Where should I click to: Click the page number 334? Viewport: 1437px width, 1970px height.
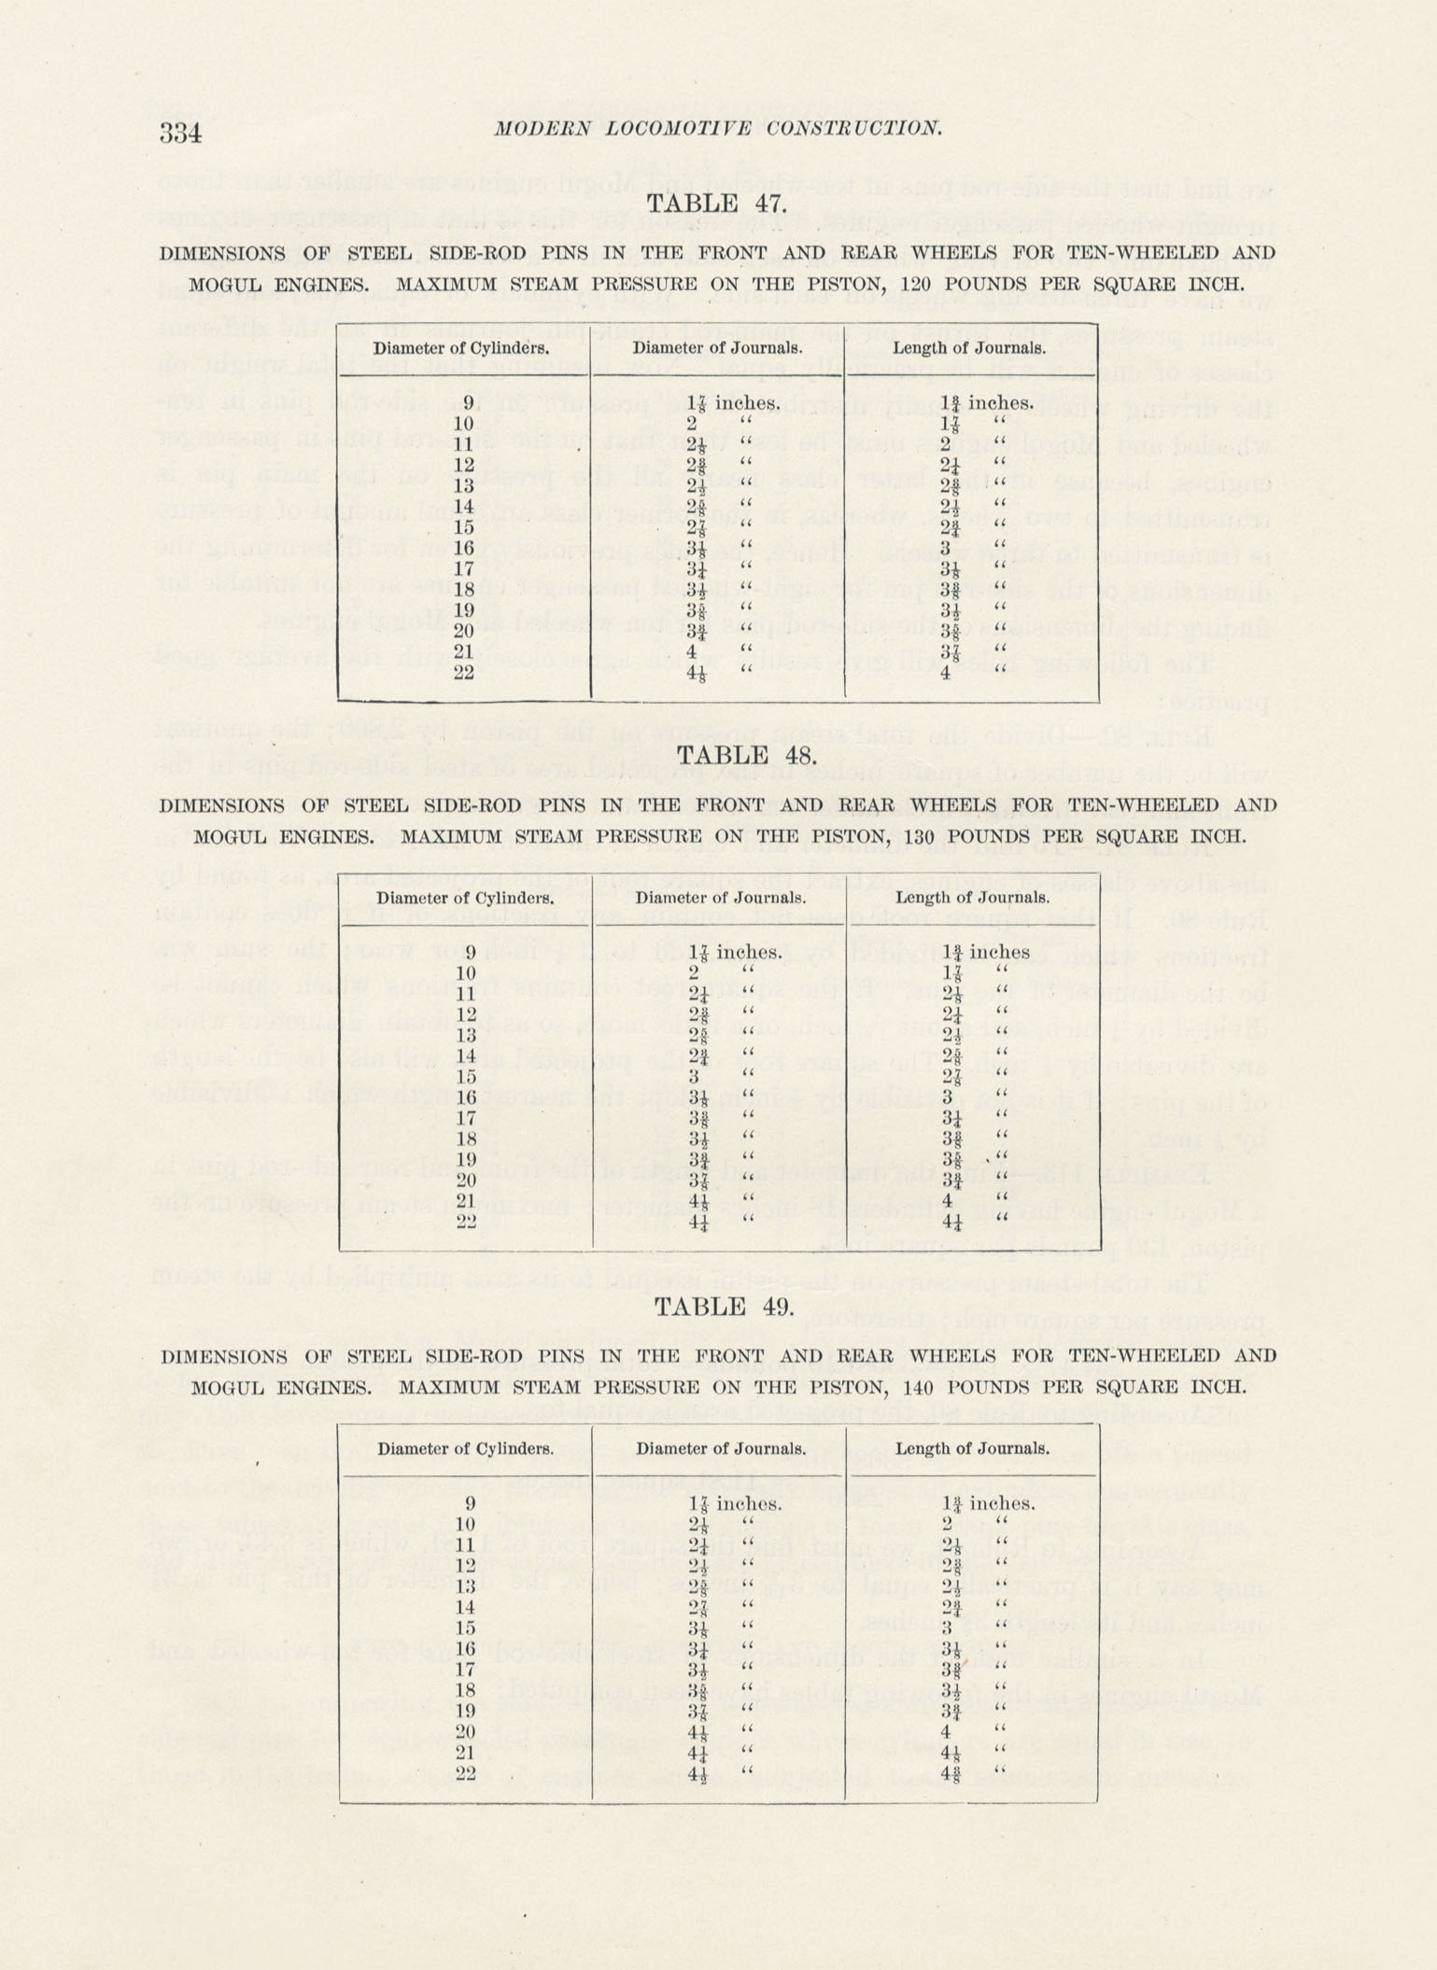coord(180,133)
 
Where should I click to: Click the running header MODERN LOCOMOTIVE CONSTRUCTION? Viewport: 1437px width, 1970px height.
coord(718,129)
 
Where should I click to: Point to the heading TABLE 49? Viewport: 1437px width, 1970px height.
coord(725,1306)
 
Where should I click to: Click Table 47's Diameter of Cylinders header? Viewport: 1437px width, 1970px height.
coord(461,348)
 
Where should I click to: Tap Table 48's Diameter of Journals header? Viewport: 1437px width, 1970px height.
coord(721,898)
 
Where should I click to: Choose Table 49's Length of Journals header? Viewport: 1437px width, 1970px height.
coord(972,1448)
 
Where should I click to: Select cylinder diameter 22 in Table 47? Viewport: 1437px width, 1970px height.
coord(463,672)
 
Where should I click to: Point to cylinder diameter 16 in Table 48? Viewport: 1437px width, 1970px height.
coord(466,1097)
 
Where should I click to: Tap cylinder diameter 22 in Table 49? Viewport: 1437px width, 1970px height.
coord(465,1774)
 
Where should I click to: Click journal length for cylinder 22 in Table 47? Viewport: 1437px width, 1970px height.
coord(946,672)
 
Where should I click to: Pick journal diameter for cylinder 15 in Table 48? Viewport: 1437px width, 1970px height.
coord(694,1076)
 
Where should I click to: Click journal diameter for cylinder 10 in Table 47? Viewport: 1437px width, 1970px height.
coord(694,424)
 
